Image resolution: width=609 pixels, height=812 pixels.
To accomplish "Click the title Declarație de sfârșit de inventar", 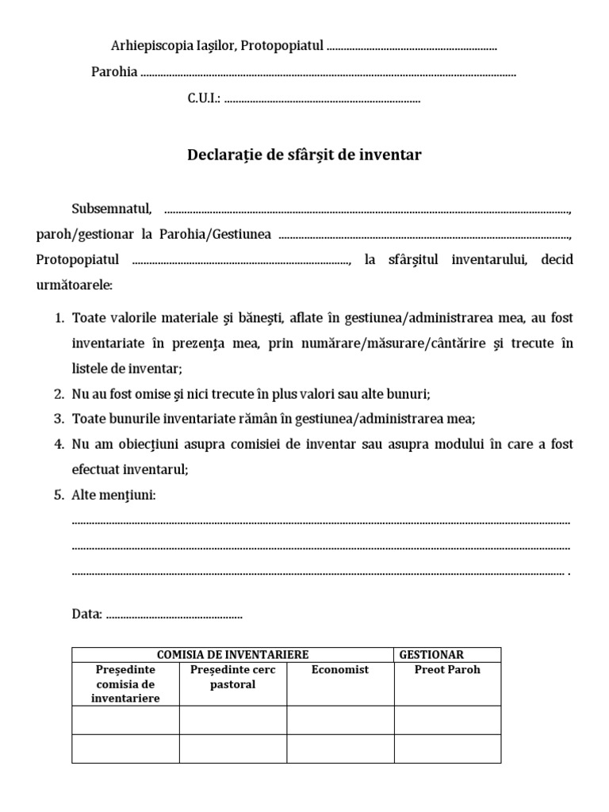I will pos(304,155).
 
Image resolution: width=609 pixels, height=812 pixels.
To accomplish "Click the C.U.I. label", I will pos(204,99).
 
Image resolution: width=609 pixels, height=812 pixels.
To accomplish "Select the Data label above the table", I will pos(86,614).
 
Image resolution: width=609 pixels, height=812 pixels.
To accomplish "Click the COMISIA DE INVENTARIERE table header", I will pos(232,654).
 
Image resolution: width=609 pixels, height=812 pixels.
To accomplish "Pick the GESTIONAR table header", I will pos(431,654).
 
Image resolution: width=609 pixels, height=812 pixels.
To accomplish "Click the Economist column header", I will pos(340,670).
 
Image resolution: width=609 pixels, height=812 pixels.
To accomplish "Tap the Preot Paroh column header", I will pos(447,670).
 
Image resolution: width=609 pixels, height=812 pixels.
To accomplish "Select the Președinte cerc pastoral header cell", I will pos(232,677).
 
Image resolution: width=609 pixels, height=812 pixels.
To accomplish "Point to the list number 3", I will pos(59,419).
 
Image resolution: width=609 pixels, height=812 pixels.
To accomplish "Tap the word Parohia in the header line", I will pos(114,73).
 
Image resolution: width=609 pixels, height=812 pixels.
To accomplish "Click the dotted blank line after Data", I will pos(174,615).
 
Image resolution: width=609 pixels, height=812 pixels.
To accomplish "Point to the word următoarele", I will pos(75,283).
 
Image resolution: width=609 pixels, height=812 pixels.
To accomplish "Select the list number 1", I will pos(59,317).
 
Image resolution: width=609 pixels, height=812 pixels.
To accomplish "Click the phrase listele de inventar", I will pos(127,368).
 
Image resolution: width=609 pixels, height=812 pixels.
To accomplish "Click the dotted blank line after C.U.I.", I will pos(323,101).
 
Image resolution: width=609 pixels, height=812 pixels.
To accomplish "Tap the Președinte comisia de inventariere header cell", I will pos(125,684).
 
